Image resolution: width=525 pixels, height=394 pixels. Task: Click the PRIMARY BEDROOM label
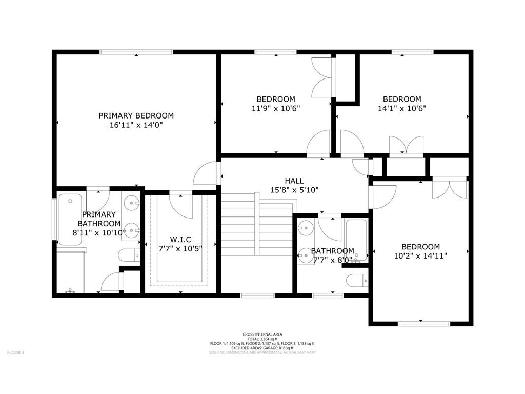[x=136, y=116]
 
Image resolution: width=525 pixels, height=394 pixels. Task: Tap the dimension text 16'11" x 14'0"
[x=136, y=125]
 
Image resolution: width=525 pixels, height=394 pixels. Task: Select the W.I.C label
[x=180, y=239]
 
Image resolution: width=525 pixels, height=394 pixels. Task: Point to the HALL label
[x=294, y=181]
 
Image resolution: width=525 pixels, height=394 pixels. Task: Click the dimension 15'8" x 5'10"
[x=294, y=189]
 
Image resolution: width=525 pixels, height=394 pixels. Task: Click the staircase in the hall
[x=256, y=241]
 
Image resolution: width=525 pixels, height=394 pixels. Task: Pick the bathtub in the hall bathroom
[x=356, y=240]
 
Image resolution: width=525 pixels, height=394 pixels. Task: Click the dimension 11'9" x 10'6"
[x=276, y=108]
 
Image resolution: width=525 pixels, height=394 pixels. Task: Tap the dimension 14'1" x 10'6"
[x=402, y=108]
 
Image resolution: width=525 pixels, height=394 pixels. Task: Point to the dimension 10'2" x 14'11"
[x=420, y=255]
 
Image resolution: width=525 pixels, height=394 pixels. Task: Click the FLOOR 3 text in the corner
[x=15, y=352]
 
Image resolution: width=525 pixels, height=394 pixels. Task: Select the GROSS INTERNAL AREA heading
[x=262, y=334]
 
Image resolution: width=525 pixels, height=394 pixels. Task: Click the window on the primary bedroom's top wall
[x=136, y=52]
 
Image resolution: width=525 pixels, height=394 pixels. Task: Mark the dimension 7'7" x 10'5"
[x=180, y=248]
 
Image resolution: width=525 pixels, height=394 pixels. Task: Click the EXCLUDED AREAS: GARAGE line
[x=262, y=348]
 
